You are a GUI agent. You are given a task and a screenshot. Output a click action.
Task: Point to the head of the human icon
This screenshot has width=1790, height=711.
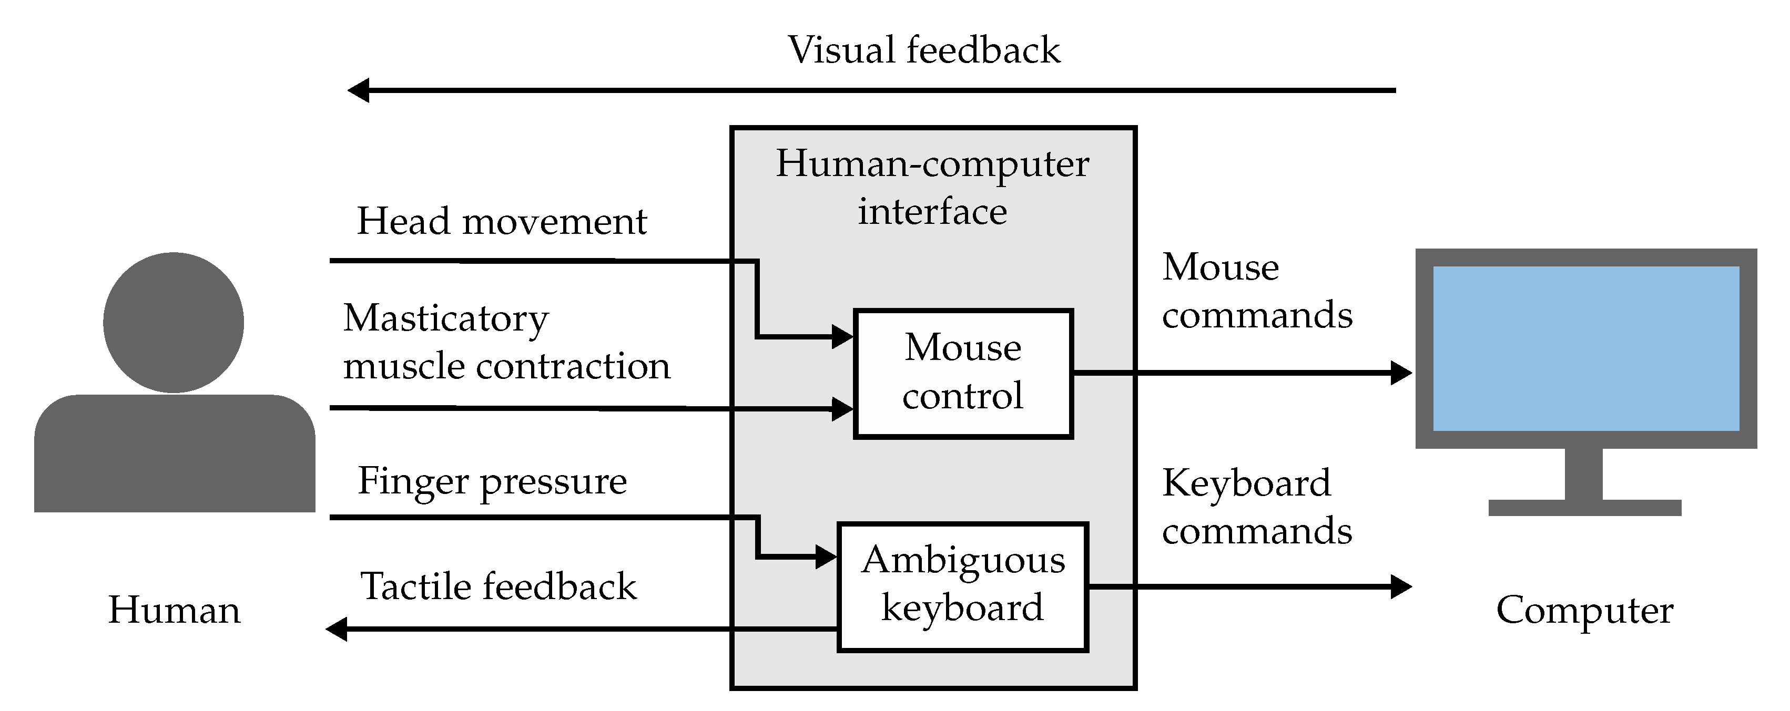coord(174,322)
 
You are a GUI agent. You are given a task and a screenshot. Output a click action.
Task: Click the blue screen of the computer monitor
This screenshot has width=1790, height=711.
coord(1586,348)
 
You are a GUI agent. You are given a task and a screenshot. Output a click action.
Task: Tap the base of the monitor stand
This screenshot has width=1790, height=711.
coord(1584,508)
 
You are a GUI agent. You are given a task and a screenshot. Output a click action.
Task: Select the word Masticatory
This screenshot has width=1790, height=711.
coord(445,318)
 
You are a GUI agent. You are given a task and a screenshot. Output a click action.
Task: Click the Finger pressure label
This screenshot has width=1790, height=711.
coord(492,481)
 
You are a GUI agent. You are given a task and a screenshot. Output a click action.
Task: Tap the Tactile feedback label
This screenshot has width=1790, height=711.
coord(497,586)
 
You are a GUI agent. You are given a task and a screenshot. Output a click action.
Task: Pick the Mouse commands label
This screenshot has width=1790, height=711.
coord(1256,291)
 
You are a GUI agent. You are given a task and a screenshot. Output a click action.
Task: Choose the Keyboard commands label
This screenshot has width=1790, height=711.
coord(1256,507)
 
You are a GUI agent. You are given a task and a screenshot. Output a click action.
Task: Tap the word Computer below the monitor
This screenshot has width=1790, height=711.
coord(1584,610)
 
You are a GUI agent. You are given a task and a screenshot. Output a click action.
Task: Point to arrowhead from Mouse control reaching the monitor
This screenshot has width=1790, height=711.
coord(1400,373)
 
